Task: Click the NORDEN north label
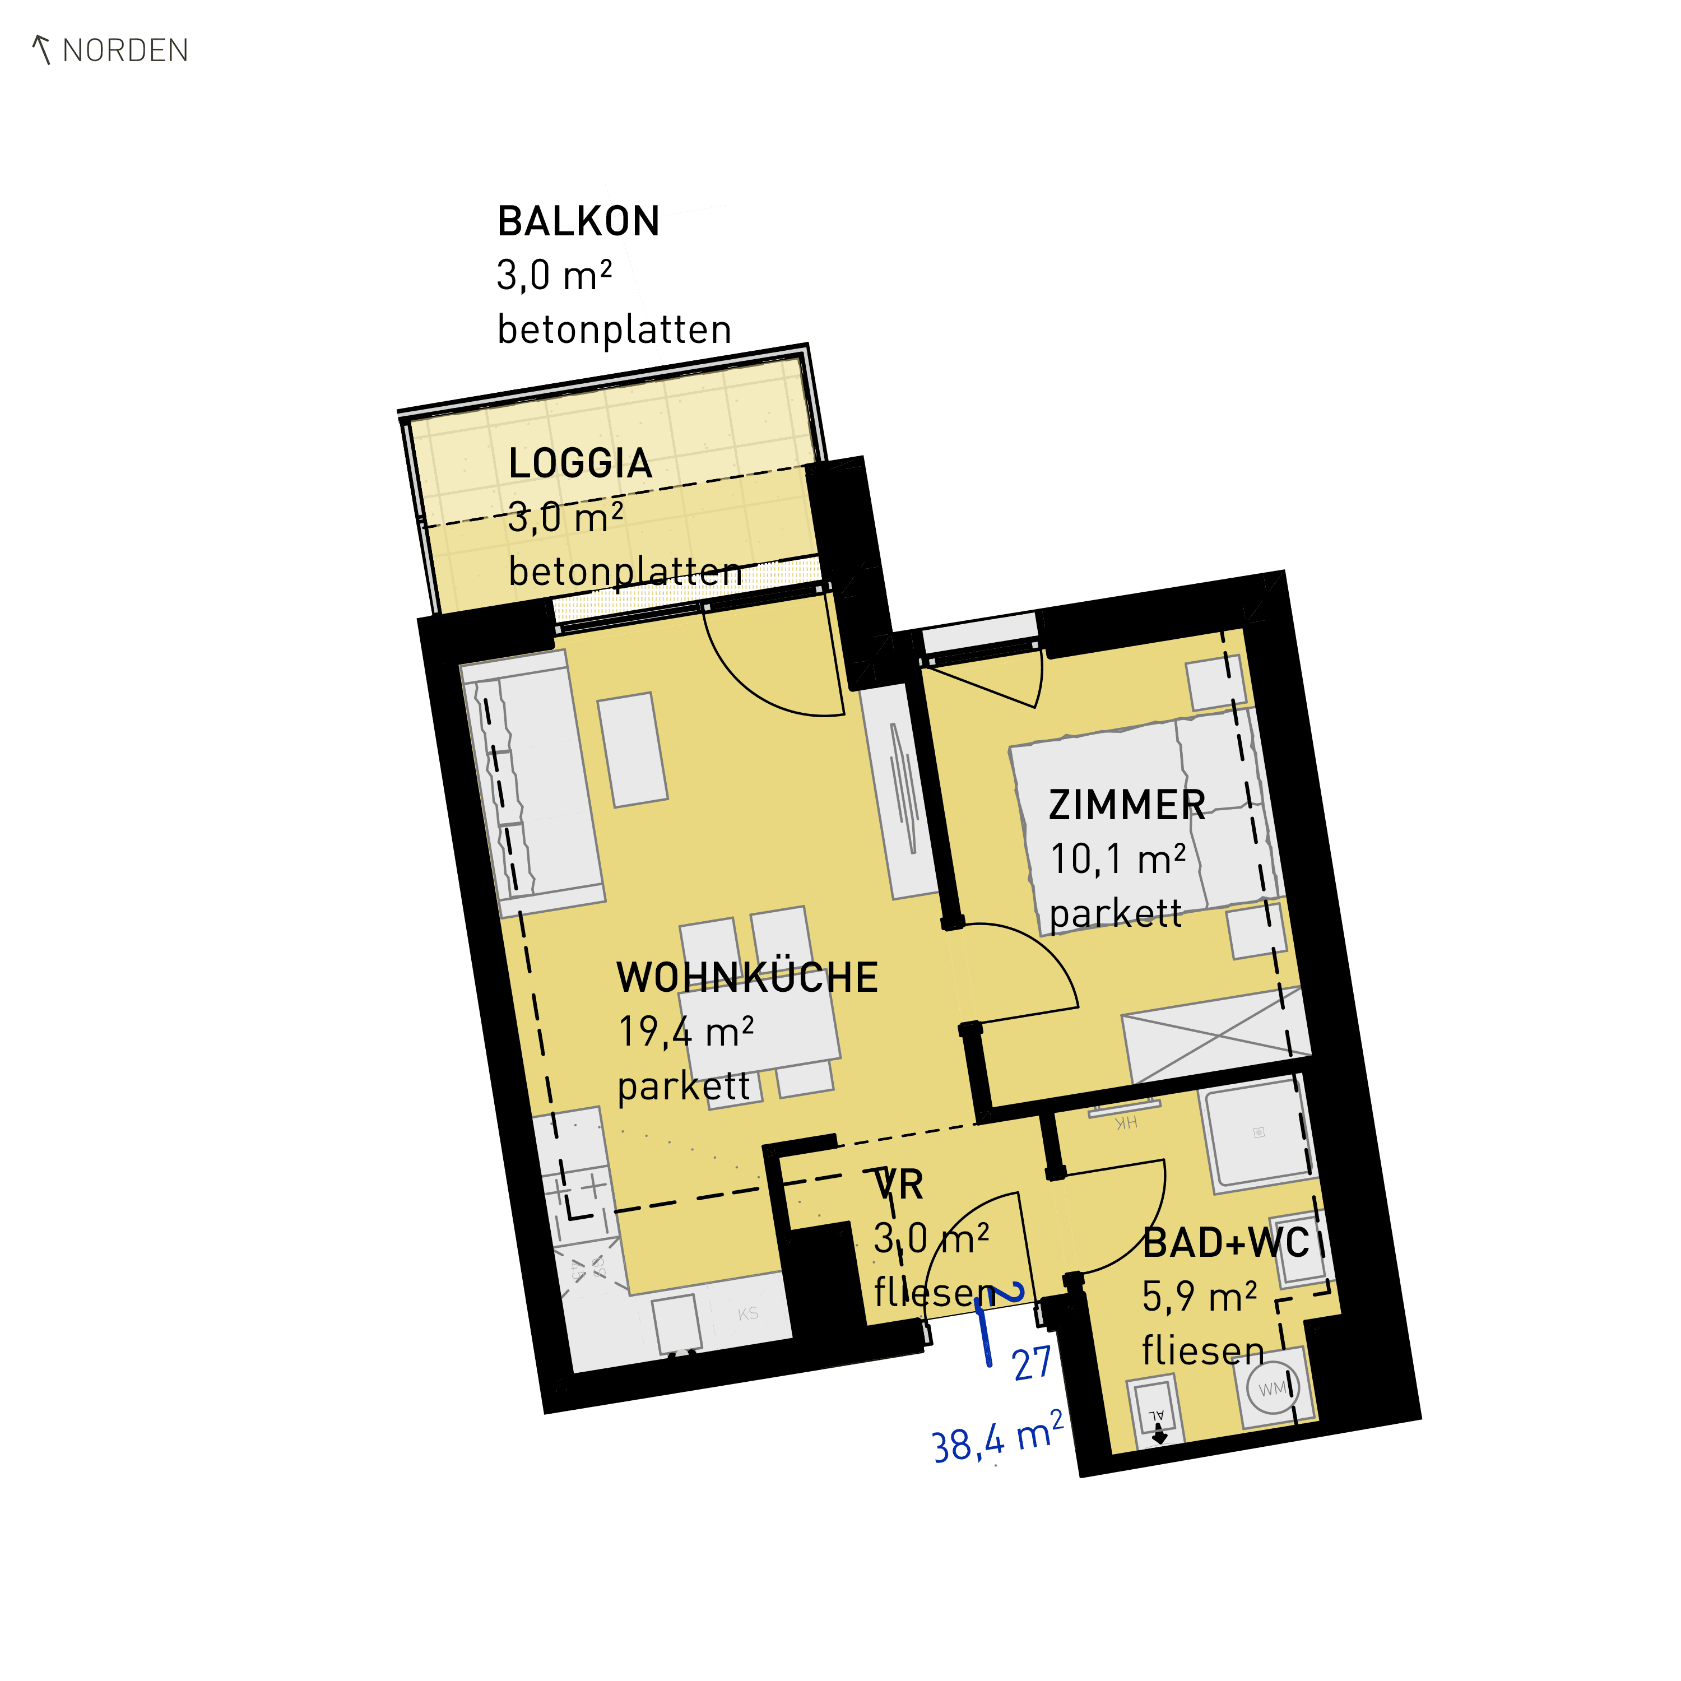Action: pos(126,50)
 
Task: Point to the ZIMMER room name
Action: pos(1127,805)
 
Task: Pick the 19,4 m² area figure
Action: pos(686,1033)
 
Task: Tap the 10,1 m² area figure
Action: pos(1118,860)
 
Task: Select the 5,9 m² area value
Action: pos(1200,1297)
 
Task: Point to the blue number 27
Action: pos(1033,1363)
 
